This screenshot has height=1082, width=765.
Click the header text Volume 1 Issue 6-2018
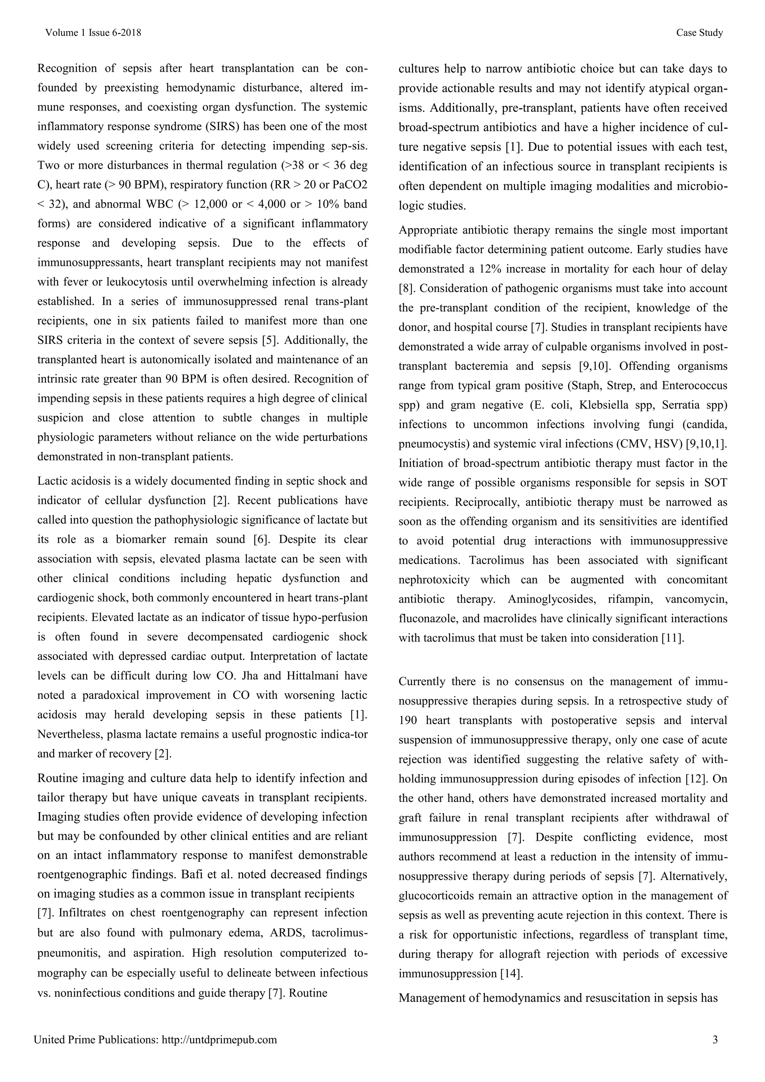(x=93, y=32)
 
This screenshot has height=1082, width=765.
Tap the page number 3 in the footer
(x=715, y=1039)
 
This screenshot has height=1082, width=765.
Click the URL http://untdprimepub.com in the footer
(x=219, y=1039)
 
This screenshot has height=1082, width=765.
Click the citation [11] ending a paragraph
(x=673, y=638)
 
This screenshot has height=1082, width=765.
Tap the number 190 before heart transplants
(x=408, y=721)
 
